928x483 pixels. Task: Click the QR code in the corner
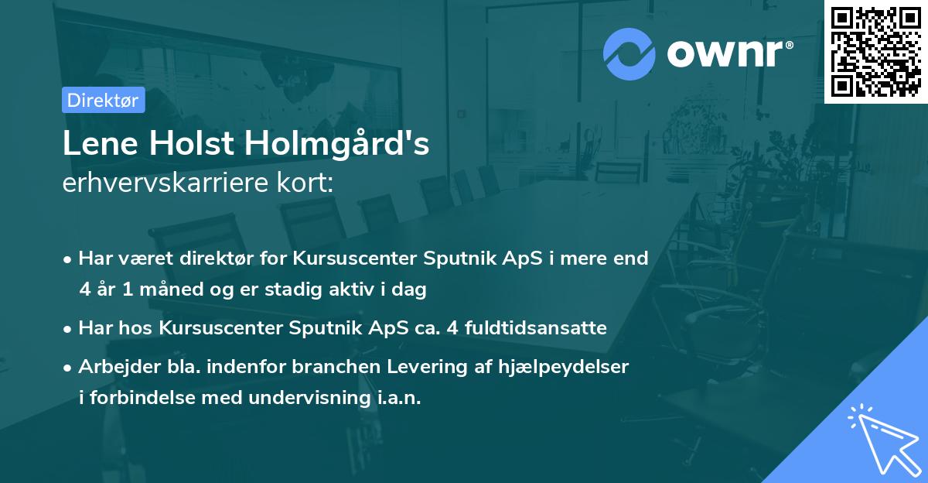875,52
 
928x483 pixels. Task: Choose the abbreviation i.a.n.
398,399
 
